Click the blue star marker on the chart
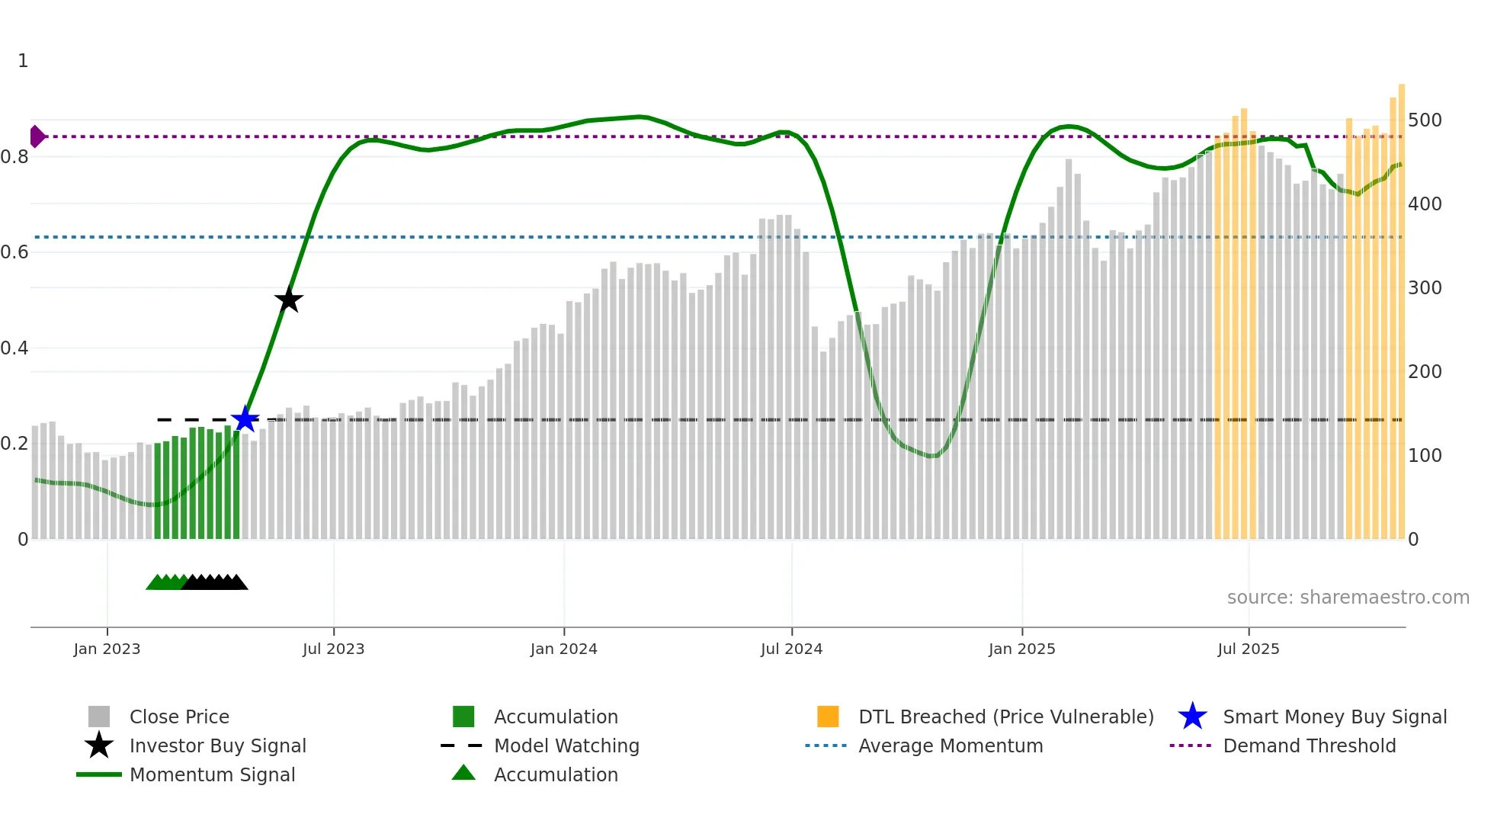click(x=245, y=419)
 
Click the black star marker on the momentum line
click(x=289, y=300)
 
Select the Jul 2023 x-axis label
click(x=333, y=649)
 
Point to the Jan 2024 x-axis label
click(x=563, y=649)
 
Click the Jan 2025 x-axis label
click(x=1021, y=649)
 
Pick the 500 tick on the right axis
click(x=1425, y=120)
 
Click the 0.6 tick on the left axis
click(x=14, y=252)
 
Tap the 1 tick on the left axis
click(x=23, y=61)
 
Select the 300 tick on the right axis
click(x=1425, y=288)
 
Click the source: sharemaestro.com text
click(x=1348, y=598)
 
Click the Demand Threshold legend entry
click(x=1309, y=745)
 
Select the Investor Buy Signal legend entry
click(x=217, y=745)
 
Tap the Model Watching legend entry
click(x=566, y=745)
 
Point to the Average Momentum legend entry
click(x=950, y=745)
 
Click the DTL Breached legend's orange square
click(x=828, y=717)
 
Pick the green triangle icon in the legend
click(x=463, y=773)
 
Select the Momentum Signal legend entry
click(x=212, y=774)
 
